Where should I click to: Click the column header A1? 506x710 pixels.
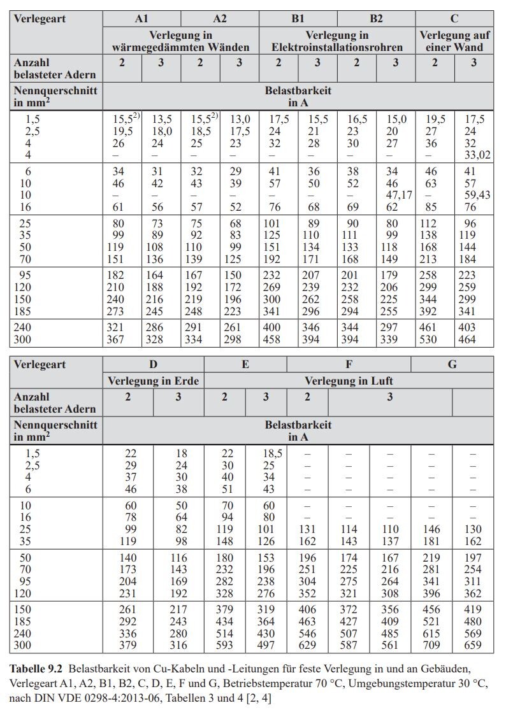(141, 19)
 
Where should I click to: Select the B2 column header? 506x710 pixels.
(376, 19)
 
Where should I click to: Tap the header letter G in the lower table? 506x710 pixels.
(452, 365)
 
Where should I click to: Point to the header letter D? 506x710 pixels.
(153, 365)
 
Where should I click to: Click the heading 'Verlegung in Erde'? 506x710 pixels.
(153, 381)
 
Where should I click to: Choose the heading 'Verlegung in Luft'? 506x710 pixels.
(349, 381)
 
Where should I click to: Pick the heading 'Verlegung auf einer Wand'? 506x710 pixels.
(454, 41)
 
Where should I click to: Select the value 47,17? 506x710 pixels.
(396, 194)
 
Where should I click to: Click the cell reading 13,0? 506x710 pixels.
(240, 119)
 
